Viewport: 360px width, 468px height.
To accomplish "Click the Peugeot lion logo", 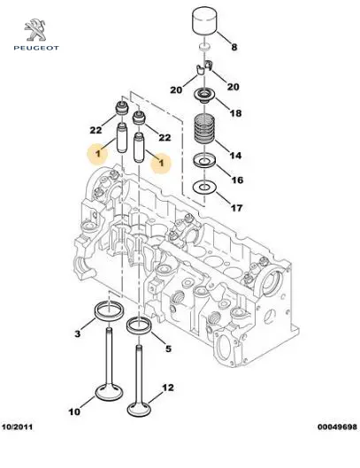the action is point(35,30).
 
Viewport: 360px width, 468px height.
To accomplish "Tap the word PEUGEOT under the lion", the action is point(36,48).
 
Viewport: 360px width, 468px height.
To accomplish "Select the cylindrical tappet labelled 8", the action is point(204,21).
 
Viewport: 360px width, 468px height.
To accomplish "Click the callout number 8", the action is point(234,47).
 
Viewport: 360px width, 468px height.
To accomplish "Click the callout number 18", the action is point(235,113).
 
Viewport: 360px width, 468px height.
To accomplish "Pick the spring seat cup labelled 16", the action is point(204,161).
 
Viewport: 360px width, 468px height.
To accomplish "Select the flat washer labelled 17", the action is point(204,188).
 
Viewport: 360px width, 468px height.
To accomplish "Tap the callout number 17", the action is point(236,208).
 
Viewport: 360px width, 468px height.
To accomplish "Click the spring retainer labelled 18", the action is point(204,96).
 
